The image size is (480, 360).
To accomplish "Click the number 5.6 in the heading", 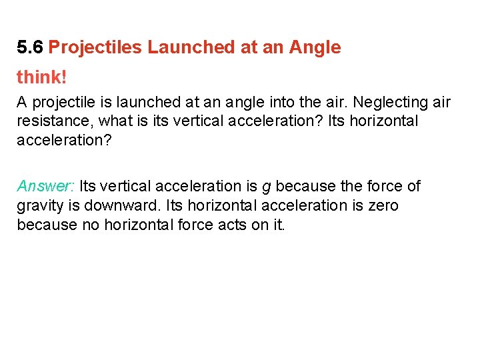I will point(31,47).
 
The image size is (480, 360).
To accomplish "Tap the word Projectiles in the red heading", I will point(95,47).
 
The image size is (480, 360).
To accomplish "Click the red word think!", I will point(41,77).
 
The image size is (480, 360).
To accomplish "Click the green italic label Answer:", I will point(45,186).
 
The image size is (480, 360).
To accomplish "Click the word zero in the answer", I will point(383,205).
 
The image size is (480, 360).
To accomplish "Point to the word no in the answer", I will point(89,224).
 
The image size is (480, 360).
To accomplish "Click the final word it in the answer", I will point(277,224).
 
